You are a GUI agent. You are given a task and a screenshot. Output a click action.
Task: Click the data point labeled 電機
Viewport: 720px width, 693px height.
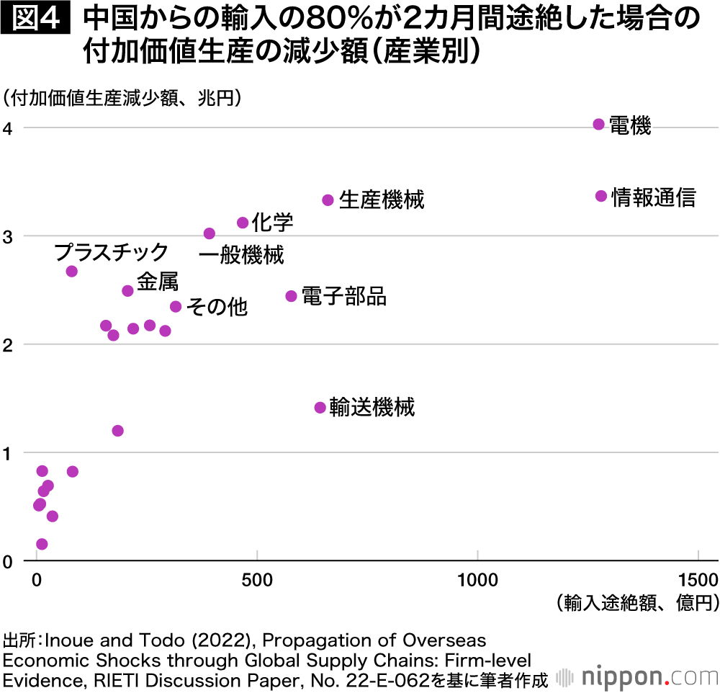pyautogui.click(x=598, y=124)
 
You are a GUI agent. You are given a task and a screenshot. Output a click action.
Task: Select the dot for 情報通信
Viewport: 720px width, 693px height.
pyautogui.click(x=601, y=196)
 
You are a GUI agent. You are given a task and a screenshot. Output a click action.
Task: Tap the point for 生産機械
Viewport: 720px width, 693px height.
pyautogui.click(x=328, y=200)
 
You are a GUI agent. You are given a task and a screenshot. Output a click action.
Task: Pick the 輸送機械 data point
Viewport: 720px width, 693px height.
pyautogui.click(x=320, y=408)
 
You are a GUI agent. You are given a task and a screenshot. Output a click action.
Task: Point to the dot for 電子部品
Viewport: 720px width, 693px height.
pyautogui.click(x=292, y=296)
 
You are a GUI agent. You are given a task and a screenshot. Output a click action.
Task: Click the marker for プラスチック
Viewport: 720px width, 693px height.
pyautogui.click(x=71, y=271)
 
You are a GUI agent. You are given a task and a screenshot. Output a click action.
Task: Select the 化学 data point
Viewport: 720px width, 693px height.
pyautogui.click(x=243, y=223)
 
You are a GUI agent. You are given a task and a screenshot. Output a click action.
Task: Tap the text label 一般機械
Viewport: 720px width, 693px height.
pyautogui.click(x=241, y=255)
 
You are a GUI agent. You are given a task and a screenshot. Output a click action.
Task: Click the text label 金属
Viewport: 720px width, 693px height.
pyautogui.click(x=157, y=282)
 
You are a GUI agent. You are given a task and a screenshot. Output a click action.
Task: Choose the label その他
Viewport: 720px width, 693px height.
pyautogui.click(x=217, y=307)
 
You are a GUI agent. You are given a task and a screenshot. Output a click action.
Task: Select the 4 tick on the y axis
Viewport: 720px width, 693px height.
pyautogui.click(x=8, y=128)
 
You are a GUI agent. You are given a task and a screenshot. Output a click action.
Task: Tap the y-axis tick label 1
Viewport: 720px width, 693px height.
pyautogui.click(x=8, y=453)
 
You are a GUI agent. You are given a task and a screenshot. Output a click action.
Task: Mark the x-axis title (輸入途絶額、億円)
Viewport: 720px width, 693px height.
pyautogui.click(x=637, y=603)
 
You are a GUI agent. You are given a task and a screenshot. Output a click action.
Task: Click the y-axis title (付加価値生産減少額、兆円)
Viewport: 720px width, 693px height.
pyautogui.click(x=122, y=97)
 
